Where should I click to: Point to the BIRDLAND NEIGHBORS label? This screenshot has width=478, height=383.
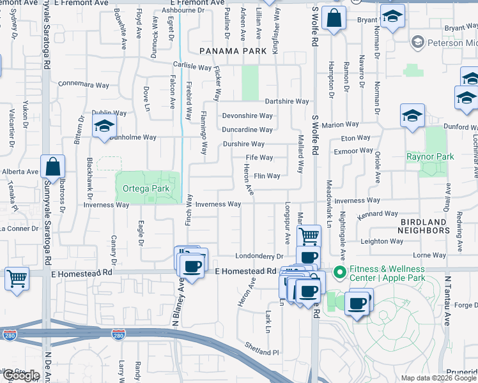click(424, 225)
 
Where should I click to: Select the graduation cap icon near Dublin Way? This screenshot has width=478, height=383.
click(104, 126)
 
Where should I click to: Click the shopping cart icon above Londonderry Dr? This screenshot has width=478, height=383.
click(309, 236)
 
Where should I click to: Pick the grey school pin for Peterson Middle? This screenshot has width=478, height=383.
click(418, 43)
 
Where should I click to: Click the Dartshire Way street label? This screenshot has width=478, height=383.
click(287, 101)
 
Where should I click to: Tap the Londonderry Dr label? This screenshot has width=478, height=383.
click(258, 256)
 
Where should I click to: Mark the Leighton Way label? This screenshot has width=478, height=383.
click(382, 241)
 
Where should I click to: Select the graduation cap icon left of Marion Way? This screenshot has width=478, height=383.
click(413, 116)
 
